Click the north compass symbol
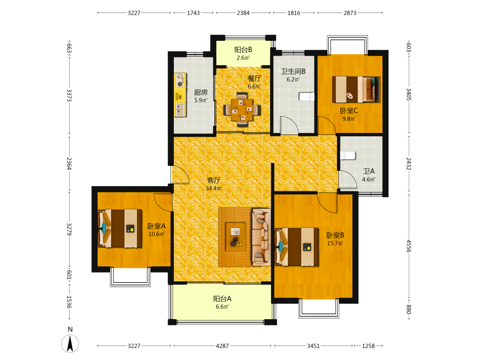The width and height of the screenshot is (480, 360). pos(70,344)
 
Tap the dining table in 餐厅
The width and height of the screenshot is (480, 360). pos(242,109)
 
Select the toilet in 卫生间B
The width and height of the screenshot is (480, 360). pos(306,96)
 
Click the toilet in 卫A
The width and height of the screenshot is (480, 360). pos(348,156)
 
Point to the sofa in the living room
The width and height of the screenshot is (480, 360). pos(261,237)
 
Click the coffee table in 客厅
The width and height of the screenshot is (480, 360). pos(236,237)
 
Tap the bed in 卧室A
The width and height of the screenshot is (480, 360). pos(120,228)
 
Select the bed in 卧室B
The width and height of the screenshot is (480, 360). pos(297,247)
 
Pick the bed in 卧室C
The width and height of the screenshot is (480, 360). pos(356,89)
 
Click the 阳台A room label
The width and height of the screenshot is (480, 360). pos(222,299)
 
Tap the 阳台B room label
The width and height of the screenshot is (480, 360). pos(243,49)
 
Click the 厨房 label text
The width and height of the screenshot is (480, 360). pos(201,92)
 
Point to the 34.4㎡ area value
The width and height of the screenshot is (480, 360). pos(214,188)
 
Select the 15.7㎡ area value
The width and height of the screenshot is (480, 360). pos(335,243)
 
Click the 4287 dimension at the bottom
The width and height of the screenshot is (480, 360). pos(222,346)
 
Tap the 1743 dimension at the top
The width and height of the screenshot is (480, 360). pos(193,13)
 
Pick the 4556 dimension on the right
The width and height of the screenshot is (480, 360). pos(408,246)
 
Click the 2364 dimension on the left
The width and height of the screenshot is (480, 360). pos(70,164)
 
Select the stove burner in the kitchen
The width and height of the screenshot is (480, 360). pos(180,83)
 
